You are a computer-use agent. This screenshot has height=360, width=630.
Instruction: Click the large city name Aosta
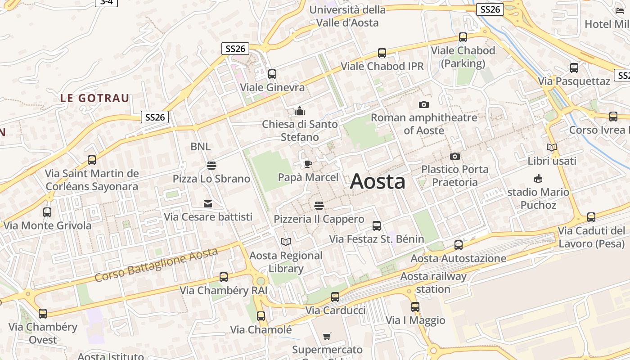(x=378, y=181)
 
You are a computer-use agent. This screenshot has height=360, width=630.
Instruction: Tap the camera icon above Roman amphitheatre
(x=423, y=105)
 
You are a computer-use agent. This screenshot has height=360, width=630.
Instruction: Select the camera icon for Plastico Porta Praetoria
(x=455, y=157)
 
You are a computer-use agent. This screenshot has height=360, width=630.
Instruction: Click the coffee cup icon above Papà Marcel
(x=308, y=164)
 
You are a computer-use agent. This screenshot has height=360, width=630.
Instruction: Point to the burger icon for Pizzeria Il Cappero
(x=319, y=206)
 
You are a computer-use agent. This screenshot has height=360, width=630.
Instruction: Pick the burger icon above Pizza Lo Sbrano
(x=211, y=165)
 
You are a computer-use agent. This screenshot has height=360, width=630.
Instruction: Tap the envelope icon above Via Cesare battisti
(x=208, y=204)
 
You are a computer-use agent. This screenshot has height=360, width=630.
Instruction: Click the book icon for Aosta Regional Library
(x=286, y=242)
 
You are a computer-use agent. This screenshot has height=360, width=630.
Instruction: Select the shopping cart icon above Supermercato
(x=327, y=336)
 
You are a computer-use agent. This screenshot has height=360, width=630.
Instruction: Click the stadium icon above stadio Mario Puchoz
(x=538, y=179)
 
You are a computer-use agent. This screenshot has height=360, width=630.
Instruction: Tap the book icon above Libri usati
(x=552, y=147)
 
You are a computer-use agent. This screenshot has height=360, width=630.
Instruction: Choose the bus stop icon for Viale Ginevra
(x=272, y=74)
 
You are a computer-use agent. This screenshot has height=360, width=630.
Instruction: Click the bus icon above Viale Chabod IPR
(x=382, y=53)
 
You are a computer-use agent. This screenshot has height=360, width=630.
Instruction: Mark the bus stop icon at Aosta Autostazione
(x=459, y=245)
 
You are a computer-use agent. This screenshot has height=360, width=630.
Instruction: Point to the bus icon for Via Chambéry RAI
(x=224, y=277)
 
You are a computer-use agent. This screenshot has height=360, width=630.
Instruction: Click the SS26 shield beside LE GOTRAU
(x=155, y=117)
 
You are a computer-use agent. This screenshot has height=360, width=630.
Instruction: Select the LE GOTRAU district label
(x=95, y=98)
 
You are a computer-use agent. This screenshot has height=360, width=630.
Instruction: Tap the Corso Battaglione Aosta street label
(x=156, y=265)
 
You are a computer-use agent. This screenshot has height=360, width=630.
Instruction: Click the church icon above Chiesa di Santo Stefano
(x=300, y=111)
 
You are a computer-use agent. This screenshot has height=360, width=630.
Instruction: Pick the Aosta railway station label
(x=433, y=283)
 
